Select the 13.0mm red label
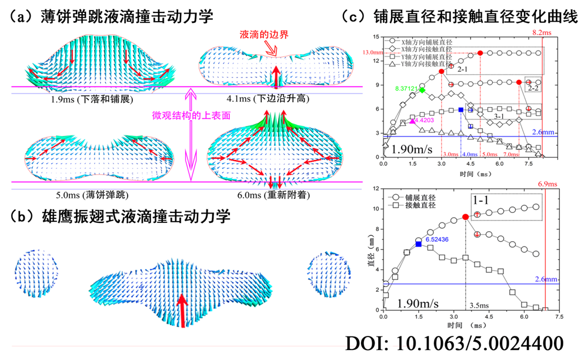pyautogui.click(x=369, y=52)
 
